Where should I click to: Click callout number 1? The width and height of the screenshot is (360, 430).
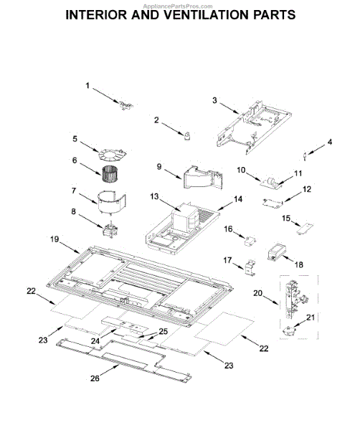(89, 87)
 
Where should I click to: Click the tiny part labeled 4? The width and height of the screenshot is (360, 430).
(308, 154)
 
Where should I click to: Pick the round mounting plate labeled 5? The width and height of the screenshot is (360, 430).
(112, 152)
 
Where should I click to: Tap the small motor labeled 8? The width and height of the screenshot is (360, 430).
(110, 231)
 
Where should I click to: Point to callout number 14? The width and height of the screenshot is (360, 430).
(238, 199)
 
